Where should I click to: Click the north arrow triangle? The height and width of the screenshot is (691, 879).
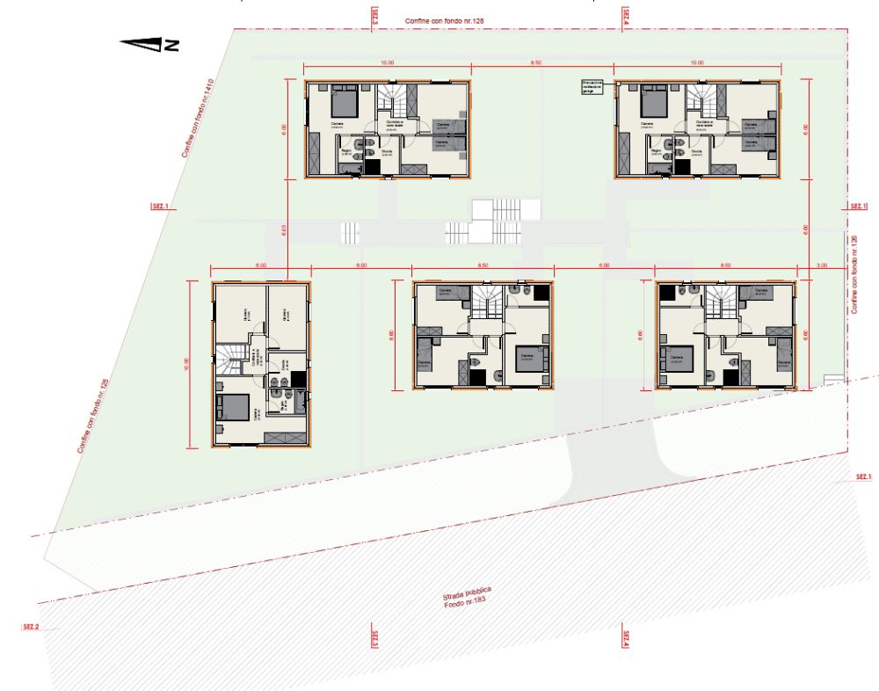pyautogui.click(x=140, y=44)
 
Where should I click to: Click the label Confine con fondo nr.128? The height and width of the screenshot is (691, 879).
pyautogui.click(x=445, y=19)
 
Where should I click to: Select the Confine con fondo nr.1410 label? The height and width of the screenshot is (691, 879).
pyautogui.click(x=198, y=119)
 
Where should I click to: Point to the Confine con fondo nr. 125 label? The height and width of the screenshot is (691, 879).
pyautogui.click(x=92, y=415)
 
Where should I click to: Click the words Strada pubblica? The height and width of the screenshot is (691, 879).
pyautogui.click(x=467, y=594)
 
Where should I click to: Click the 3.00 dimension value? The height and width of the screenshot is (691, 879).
pyautogui.click(x=821, y=265)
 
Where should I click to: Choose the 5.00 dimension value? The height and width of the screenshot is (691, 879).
pyautogui.click(x=260, y=265)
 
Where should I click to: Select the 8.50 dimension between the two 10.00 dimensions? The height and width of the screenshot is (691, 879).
pyautogui.click(x=535, y=63)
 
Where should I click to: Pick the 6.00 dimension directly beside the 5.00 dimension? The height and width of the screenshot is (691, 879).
pyautogui.click(x=360, y=265)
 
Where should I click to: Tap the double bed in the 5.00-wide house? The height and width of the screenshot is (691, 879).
pyautogui.click(x=232, y=407)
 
